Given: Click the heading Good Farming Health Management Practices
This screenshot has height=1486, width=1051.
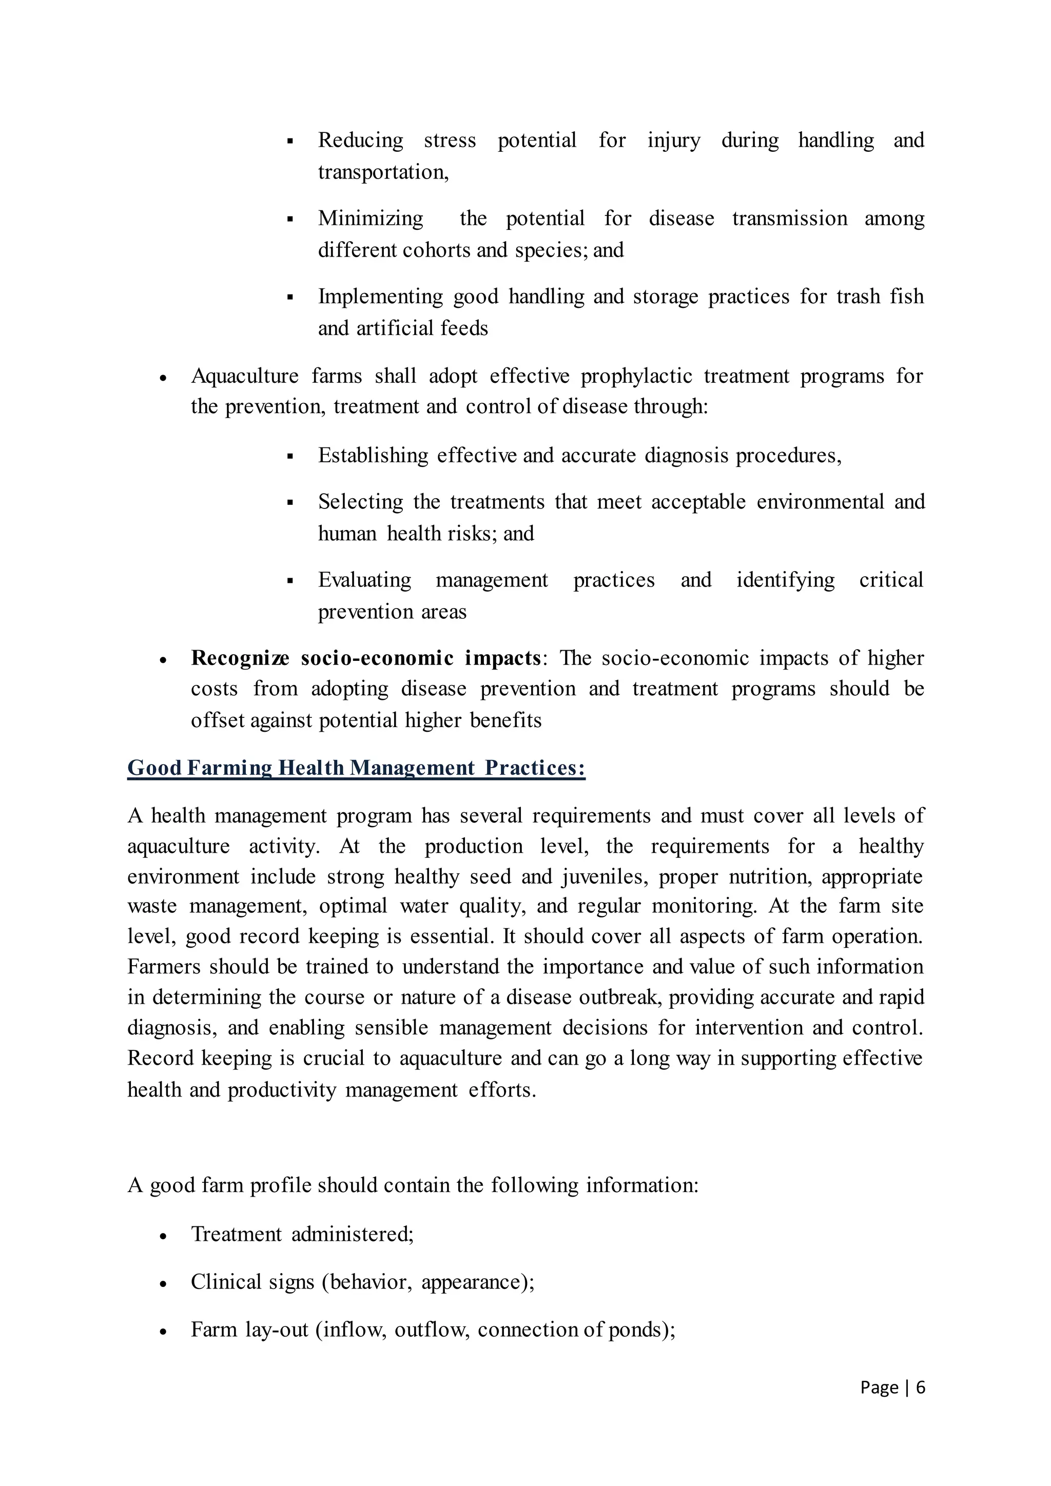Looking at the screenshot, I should point(356,768).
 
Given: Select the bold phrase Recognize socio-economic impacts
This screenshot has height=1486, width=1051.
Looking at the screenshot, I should point(366,658).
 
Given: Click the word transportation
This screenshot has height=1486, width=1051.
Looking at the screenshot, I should point(382,172).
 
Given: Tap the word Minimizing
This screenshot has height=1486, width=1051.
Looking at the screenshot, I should point(370,218).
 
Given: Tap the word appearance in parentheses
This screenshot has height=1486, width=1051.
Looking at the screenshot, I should point(474,1282).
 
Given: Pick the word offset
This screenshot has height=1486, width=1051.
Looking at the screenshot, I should point(218,720).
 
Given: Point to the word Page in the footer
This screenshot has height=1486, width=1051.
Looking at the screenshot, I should point(879,1387).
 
